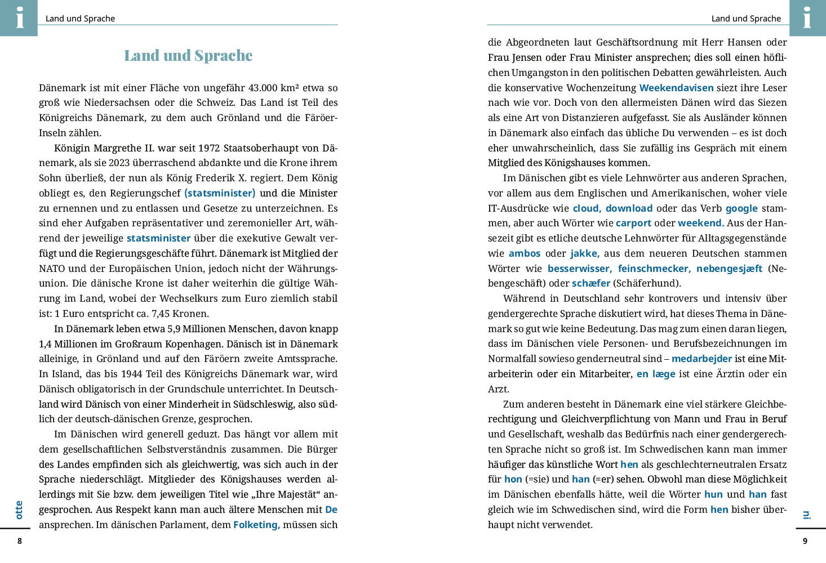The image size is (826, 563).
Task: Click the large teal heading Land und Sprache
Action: [188, 55]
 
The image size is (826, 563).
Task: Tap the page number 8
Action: [20, 541]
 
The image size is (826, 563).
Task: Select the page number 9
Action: [805, 541]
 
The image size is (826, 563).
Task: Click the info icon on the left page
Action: [19, 17]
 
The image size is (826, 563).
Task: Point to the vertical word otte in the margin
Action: [19, 510]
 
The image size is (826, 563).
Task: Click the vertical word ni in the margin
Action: [806, 514]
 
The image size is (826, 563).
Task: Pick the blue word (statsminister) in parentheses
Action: [220, 193]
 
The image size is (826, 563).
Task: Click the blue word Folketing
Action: [256, 525]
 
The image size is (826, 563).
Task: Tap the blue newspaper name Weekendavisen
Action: [676, 88]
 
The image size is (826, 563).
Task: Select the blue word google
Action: [741, 208]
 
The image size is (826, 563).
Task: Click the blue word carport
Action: [633, 223]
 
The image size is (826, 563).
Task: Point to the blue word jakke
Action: [584, 253]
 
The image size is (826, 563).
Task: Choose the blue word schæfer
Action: [591, 283]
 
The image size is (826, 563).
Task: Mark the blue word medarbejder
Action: [701, 359]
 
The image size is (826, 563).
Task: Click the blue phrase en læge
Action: [656, 374]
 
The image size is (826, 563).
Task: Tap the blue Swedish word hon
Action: [513, 479]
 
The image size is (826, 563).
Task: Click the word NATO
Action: [51, 269]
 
